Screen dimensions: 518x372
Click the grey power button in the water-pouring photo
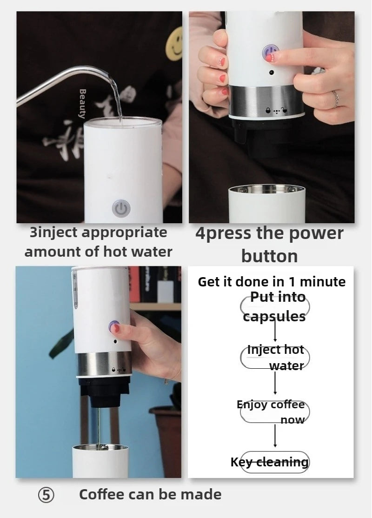point(121,208)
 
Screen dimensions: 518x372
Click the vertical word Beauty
point(83,103)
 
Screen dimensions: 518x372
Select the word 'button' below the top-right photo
point(269,256)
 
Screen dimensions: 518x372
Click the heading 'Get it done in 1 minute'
point(272,282)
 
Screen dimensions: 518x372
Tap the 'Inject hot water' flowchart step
point(275,357)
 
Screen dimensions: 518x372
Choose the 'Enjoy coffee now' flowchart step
point(274,412)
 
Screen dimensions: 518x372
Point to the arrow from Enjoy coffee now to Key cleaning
point(275,436)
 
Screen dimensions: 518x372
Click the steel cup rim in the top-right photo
point(266,189)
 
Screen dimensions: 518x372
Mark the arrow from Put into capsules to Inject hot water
point(275,331)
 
